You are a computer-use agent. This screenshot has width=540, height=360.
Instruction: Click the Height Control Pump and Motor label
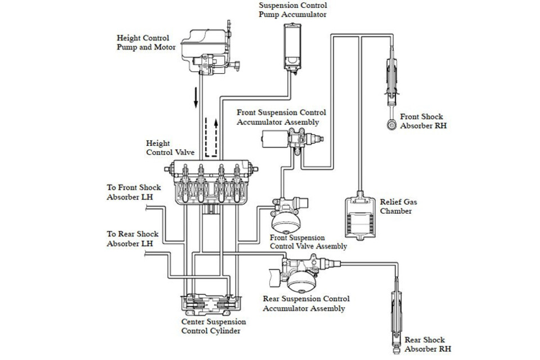(x=146, y=43)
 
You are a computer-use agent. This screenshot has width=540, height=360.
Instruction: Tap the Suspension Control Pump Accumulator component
(x=292, y=47)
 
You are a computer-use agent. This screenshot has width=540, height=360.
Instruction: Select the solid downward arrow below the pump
(x=196, y=97)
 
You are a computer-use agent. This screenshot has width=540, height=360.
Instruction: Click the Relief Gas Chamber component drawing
(x=360, y=215)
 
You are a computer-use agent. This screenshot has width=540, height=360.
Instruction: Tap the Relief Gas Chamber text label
(x=398, y=206)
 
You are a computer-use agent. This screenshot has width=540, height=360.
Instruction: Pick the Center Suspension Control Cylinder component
(x=211, y=305)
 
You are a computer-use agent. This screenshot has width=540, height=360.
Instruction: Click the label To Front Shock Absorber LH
(x=134, y=192)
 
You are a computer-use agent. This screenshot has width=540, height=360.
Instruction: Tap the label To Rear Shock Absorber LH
(x=132, y=238)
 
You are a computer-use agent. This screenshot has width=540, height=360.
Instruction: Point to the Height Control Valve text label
(x=170, y=147)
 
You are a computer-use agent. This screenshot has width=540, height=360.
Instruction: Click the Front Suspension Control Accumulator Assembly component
(x=292, y=138)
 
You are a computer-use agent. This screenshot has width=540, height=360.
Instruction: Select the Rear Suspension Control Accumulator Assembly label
(x=306, y=304)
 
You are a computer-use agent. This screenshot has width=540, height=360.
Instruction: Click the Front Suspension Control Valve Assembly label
(x=308, y=242)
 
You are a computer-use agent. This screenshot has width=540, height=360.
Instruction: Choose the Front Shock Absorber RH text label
(x=423, y=121)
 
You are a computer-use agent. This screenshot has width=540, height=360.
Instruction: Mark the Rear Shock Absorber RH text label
(x=427, y=344)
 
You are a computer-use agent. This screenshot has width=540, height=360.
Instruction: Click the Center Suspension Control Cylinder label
(x=214, y=326)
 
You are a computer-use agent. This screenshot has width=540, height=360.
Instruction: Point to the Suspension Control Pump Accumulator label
(x=292, y=10)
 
